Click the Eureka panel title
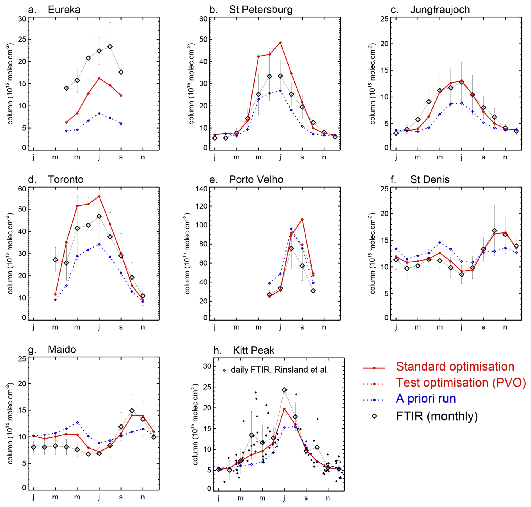[x=64, y=10]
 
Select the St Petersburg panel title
[x=260, y=10]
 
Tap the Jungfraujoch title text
[x=440, y=10]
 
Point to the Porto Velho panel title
[x=256, y=179]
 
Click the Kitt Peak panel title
[x=253, y=350]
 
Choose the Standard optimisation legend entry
[x=455, y=367]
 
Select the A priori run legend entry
[x=426, y=399]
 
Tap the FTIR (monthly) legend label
[x=437, y=416]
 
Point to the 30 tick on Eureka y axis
[x=22, y=19]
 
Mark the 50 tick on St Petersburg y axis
[x=203, y=39]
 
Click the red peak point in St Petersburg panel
[x=280, y=43]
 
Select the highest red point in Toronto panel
[x=99, y=197]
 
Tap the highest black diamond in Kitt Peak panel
[x=284, y=390]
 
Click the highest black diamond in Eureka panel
[x=110, y=47]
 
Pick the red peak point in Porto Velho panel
[x=302, y=219]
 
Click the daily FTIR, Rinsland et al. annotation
[x=280, y=370]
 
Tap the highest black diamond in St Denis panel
[x=494, y=231]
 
